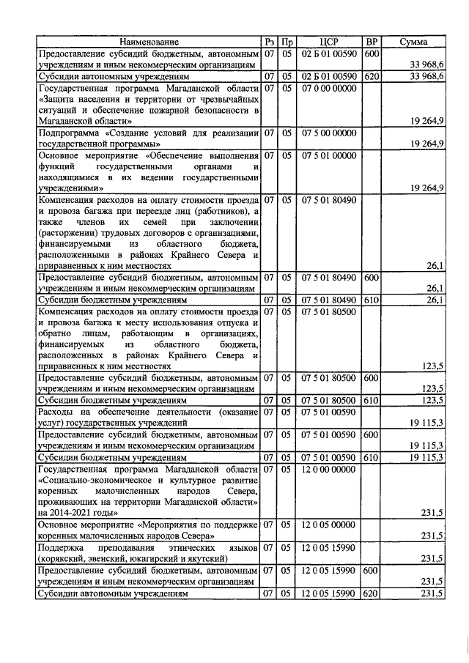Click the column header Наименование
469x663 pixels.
[x=149, y=42]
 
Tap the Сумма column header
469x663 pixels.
[x=413, y=42]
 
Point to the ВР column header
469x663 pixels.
[x=372, y=42]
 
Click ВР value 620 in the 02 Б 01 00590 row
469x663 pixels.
[x=372, y=76]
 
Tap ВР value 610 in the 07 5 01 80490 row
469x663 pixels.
[x=372, y=300]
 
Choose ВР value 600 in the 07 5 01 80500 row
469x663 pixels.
[x=372, y=378]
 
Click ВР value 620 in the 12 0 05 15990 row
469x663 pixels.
[x=372, y=593]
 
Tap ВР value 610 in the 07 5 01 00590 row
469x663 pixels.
[x=372, y=457]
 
